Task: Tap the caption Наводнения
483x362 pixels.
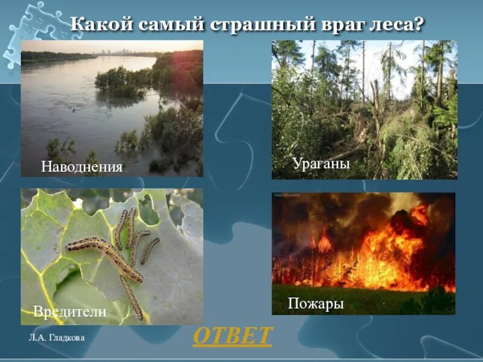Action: coord(82,167)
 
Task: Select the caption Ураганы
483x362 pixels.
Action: coord(321,163)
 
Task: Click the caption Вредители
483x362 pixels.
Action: coord(70,312)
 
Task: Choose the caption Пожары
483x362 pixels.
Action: coord(316,303)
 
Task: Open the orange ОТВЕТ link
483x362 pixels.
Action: coord(233,336)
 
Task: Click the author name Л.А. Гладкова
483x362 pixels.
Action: coord(56,338)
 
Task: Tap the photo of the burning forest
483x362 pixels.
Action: coord(363,247)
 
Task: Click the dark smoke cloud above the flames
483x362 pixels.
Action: coord(326,211)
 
